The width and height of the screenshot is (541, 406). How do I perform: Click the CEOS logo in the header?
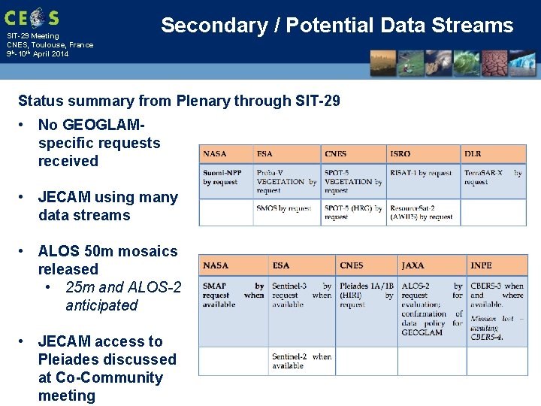click(32, 17)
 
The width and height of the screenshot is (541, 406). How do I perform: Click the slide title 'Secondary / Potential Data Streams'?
click(337, 26)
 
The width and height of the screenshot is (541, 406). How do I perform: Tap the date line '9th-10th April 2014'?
click(37, 54)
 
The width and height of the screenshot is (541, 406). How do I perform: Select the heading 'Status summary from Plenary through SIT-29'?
click(179, 101)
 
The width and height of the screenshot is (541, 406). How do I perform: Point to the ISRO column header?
click(400, 154)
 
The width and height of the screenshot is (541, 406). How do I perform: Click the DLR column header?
click(473, 154)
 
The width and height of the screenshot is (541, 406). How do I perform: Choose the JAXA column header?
click(413, 265)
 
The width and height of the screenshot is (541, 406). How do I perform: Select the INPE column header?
click(481, 265)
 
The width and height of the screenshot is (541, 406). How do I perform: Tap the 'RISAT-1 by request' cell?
click(420, 174)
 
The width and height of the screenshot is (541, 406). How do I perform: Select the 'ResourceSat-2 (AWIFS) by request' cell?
click(421, 212)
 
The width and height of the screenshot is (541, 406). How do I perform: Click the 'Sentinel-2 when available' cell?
click(301, 361)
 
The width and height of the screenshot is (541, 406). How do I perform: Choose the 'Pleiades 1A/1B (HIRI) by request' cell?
click(366, 295)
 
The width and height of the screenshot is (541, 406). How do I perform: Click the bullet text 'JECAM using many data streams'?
click(107, 206)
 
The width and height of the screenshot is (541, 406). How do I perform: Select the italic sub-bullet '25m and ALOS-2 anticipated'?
click(123, 296)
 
